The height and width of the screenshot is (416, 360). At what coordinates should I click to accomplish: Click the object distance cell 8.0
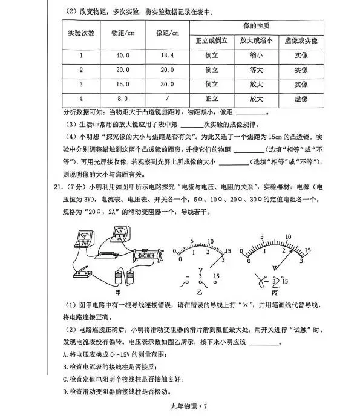point(123,99)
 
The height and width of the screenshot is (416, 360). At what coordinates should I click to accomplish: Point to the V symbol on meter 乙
point(200,266)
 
